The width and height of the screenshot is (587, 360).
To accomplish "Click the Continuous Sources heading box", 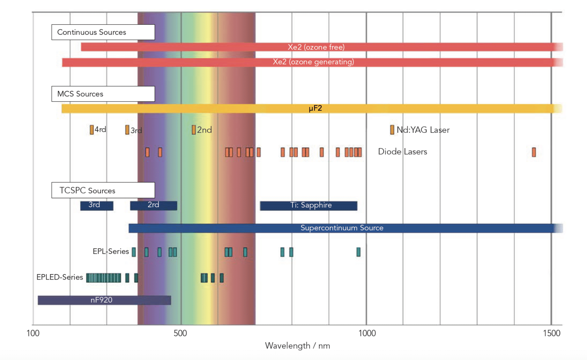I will (x=103, y=32).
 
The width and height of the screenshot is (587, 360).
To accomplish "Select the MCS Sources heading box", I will (x=103, y=94).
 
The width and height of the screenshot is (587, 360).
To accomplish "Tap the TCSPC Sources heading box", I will (x=103, y=190).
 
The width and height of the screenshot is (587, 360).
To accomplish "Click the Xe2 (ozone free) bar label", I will (x=316, y=47).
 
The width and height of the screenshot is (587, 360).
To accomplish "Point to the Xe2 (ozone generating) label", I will (x=313, y=62).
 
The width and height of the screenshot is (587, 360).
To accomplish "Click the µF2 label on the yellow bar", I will (x=315, y=108).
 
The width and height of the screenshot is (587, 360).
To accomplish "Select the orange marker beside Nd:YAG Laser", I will (x=392, y=130).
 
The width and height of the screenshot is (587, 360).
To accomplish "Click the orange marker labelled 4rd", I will (x=92, y=130).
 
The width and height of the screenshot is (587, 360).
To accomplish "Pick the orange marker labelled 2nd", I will (x=194, y=130).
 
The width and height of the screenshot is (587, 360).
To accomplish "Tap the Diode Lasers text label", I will (x=402, y=152).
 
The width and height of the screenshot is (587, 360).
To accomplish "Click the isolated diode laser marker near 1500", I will (x=534, y=152).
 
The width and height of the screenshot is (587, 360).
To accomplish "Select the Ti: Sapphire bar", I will (x=308, y=206).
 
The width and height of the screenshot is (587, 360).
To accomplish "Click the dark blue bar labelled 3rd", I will (x=97, y=206).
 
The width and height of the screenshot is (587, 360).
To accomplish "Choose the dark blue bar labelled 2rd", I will (x=153, y=206).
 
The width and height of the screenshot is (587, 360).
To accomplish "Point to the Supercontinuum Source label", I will (x=342, y=228).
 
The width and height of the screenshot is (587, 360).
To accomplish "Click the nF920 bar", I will (x=104, y=300).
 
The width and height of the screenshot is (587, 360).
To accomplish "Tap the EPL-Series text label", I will (x=111, y=251).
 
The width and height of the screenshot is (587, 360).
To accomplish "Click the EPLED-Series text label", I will (x=60, y=277).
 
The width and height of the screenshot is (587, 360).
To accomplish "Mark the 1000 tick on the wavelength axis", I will (x=367, y=333).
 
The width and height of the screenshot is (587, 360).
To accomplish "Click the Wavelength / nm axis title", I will (x=297, y=346).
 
